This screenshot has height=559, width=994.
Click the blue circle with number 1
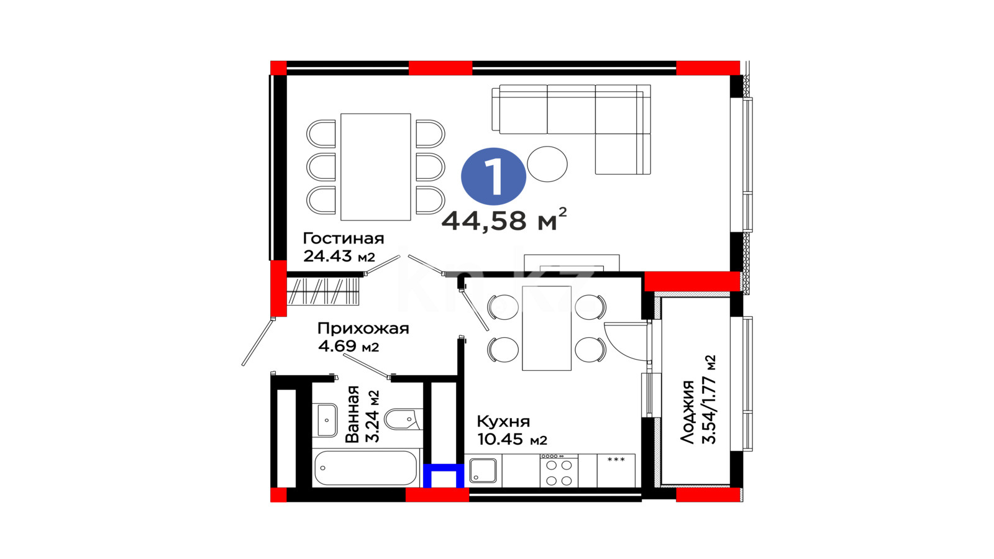[x=493, y=176]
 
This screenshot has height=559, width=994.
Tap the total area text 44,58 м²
[x=504, y=220]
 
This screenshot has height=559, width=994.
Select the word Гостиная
[x=344, y=239]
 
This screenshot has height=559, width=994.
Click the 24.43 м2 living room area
[x=339, y=256]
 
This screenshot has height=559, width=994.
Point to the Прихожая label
[x=363, y=329]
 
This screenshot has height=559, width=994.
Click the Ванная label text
[x=352, y=414]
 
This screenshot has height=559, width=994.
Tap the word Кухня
[x=503, y=421]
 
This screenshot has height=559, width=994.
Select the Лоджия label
[x=687, y=412]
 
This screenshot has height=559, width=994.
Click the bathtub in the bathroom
[x=366, y=468]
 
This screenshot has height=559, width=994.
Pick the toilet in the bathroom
[x=401, y=419]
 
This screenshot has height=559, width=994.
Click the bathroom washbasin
[x=327, y=420]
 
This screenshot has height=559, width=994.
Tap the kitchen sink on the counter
[x=483, y=470]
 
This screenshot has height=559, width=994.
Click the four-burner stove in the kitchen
[x=559, y=471]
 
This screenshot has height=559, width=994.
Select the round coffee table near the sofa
[x=547, y=164]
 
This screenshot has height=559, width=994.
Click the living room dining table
[x=375, y=167]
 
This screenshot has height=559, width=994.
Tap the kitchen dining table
[x=547, y=329]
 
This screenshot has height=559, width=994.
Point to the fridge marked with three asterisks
[x=616, y=471]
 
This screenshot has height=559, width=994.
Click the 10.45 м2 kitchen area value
[x=512, y=439]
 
